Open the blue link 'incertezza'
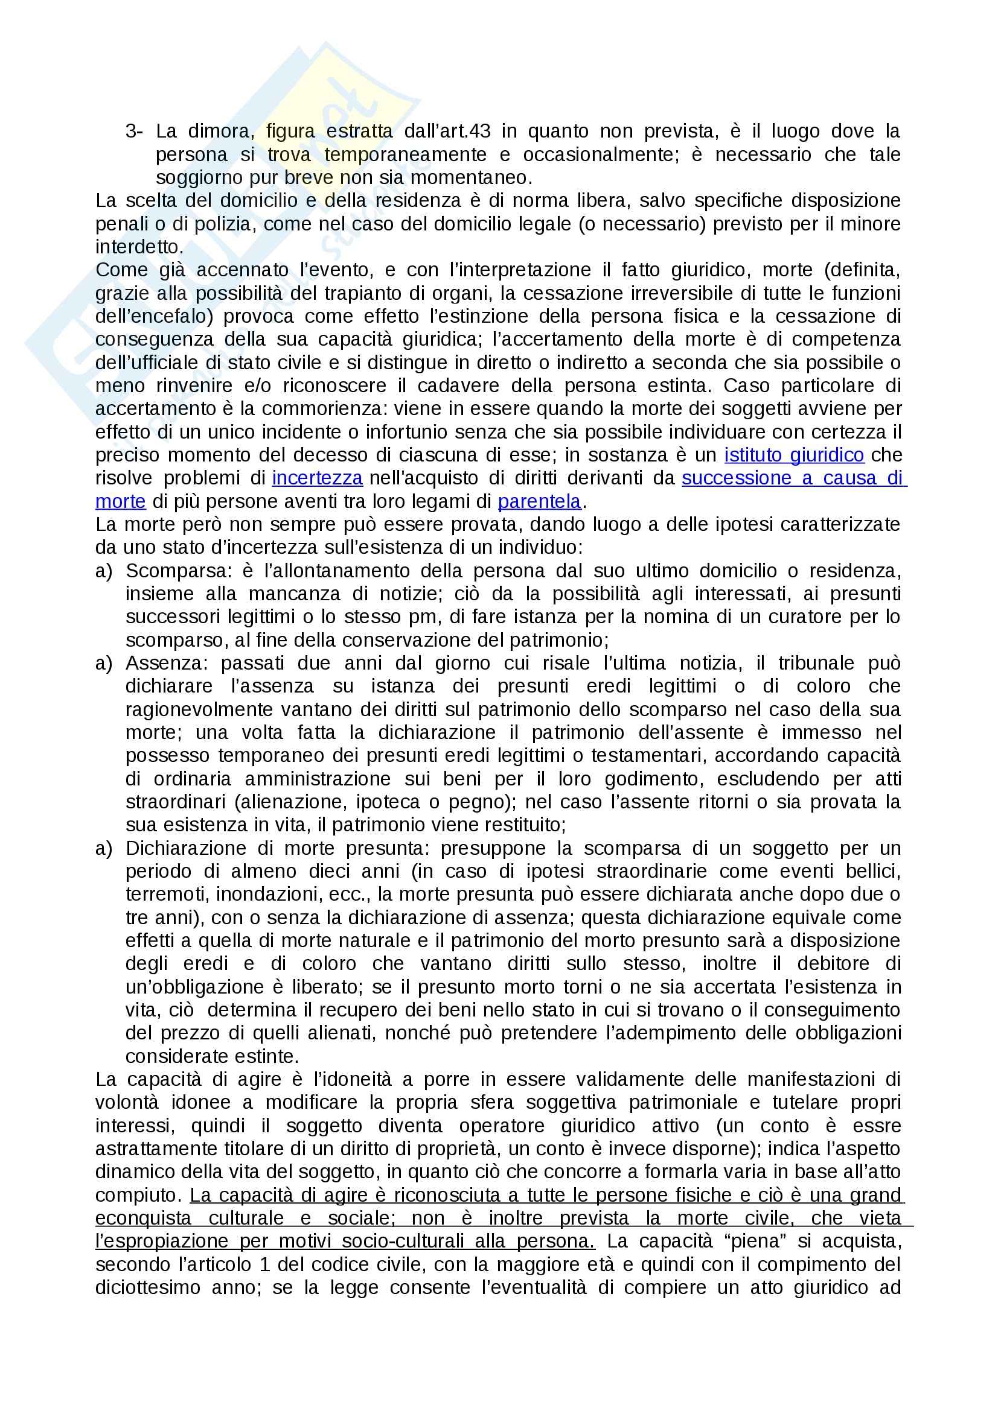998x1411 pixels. pos(317,478)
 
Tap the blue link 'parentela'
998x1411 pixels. pos(539,501)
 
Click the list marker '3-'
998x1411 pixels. pos(134,131)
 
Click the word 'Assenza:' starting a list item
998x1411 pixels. pos(166,663)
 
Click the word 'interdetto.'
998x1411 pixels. pos(139,247)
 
